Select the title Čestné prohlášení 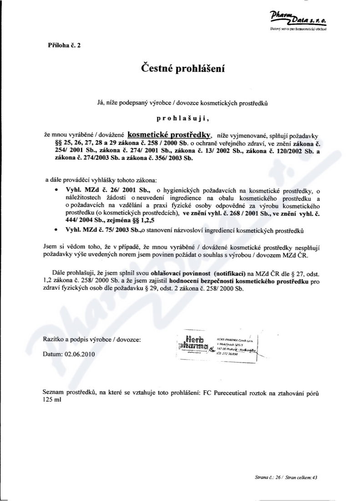click(x=182, y=69)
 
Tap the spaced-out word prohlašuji click(x=182, y=119)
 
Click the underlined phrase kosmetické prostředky click(x=169, y=135)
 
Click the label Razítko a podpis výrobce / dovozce click(x=91, y=340)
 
